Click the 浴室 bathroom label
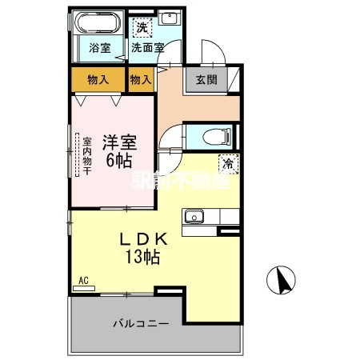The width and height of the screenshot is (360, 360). (99, 47)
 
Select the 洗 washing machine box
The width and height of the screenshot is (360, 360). (140, 28)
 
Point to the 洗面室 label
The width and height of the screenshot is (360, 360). (148, 47)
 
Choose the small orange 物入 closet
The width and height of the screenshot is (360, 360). (141, 80)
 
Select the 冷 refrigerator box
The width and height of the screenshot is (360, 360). (228, 163)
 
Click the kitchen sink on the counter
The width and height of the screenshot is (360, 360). (196, 215)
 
